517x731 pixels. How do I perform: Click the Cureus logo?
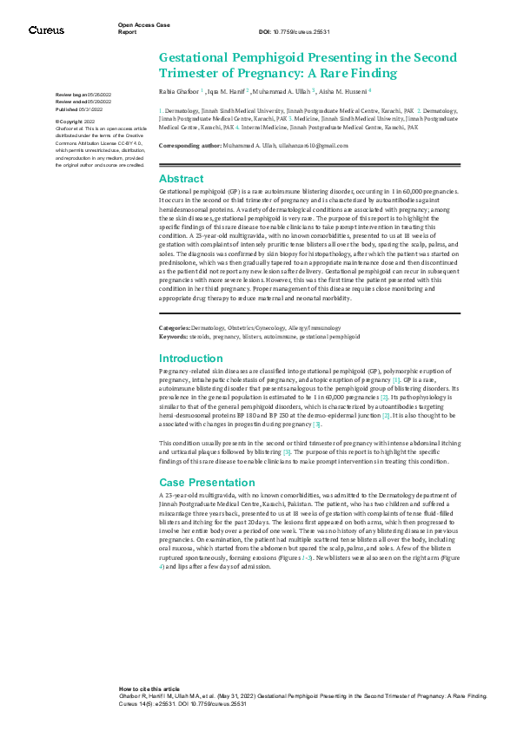[x=46, y=30]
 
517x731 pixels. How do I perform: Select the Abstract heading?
[x=181, y=178]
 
